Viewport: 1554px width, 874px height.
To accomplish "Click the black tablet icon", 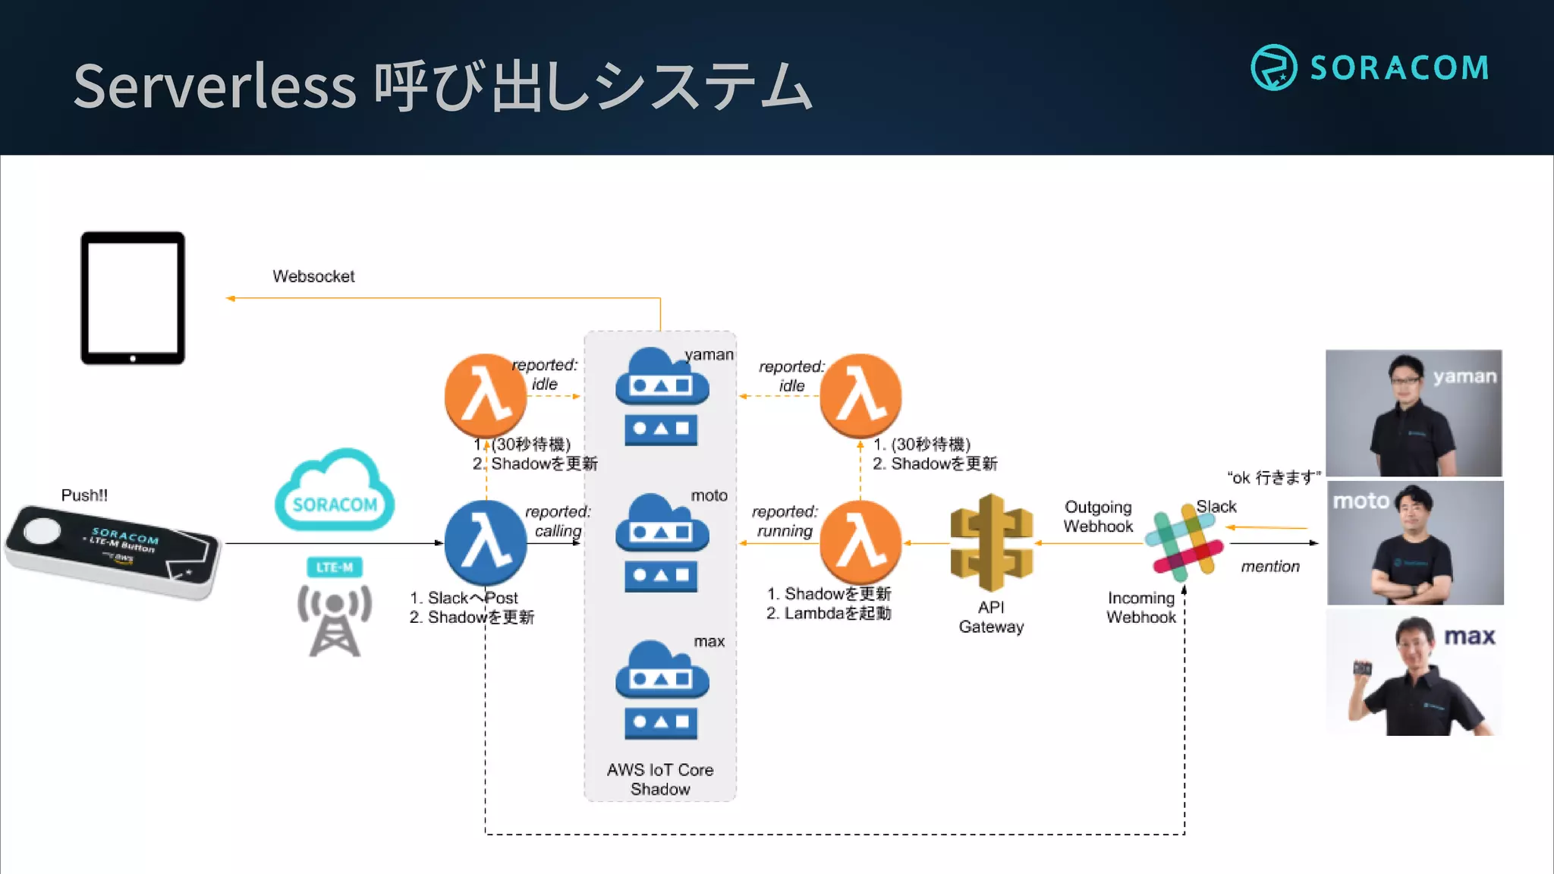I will tap(133, 298).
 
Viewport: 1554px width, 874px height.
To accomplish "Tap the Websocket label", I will tap(313, 276).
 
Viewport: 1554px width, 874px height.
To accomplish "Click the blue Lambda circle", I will tap(486, 542).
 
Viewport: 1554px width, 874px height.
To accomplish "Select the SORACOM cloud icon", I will tap(335, 492).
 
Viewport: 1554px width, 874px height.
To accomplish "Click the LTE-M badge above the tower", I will tap(335, 567).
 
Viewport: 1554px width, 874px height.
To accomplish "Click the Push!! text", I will tap(84, 495).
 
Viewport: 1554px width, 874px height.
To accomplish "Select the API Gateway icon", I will tap(991, 542).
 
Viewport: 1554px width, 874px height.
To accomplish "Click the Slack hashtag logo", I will tap(1184, 543).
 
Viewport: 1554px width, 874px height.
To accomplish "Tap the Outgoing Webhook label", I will tap(1098, 517).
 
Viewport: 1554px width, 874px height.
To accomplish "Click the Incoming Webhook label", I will tap(1140, 608).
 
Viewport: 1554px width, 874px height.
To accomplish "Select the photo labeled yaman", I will tap(1413, 413).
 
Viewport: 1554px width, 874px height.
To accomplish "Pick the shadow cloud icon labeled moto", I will tap(662, 542).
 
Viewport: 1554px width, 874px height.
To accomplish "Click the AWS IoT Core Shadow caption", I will tap(660, 779).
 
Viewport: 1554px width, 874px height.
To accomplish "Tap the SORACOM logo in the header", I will tap(1370, 68).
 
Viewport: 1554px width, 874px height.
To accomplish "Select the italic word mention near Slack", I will tap(1270, 567).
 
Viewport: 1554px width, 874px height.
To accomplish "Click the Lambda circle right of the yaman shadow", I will tap(860, 395).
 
